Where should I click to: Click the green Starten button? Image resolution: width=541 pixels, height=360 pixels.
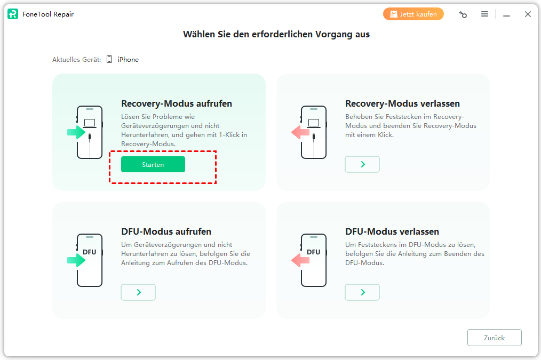coord(153,164)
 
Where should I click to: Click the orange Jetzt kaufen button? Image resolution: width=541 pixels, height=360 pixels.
coord(413,14)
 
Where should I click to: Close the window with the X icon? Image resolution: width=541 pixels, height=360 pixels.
coord(528,14)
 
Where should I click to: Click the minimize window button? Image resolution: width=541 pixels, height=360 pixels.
coord(506,15)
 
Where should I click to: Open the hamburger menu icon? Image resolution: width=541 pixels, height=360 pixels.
coord(485,14)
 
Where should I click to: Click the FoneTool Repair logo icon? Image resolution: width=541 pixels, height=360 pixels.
coord(13,14)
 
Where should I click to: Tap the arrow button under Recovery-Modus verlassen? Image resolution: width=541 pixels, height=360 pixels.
coord(362,164)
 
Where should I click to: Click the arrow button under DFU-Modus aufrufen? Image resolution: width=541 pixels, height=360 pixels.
coord(138,292)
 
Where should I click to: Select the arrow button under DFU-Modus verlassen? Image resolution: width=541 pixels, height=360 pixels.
coord(362,292)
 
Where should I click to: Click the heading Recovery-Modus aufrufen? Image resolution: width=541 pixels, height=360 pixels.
coord(177,103)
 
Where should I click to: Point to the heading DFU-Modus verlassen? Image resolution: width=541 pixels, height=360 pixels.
coord(392,231)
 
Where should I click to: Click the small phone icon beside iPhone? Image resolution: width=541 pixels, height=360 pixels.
coord(109,59)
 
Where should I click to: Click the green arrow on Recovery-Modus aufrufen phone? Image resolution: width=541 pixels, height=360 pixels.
coord(76,132)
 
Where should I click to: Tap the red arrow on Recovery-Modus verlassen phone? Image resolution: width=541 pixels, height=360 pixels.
coord(300,132)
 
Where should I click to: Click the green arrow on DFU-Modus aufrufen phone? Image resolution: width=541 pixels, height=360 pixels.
coord(76,260)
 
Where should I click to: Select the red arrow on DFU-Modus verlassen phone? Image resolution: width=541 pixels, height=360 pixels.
coord(300,260)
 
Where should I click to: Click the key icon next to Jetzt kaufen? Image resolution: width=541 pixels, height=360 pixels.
coord(463,14)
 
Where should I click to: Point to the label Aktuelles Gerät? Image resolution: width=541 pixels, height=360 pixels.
coord(77,60)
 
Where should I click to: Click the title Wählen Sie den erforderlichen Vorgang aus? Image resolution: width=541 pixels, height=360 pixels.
coord(276,35)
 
